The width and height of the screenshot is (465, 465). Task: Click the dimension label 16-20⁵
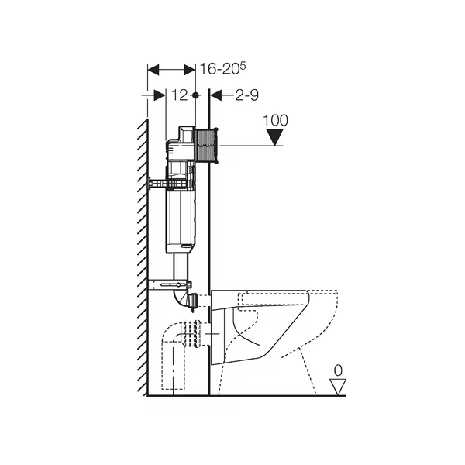[x=223, y=68]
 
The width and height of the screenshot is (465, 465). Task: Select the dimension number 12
[x=180, y=95]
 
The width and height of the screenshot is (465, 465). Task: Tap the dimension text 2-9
[x=246, y=95]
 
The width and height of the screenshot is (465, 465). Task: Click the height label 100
[x=275, y=120]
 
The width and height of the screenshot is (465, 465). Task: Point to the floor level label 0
[x=338, y=370]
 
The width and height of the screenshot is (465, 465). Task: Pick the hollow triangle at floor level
[x=338, y=387]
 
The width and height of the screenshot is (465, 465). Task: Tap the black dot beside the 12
[x=195, y=95]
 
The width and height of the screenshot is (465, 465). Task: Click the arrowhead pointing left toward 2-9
[x=216, y=95]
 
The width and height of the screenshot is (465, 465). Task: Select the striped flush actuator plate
[x=207, y=146]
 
